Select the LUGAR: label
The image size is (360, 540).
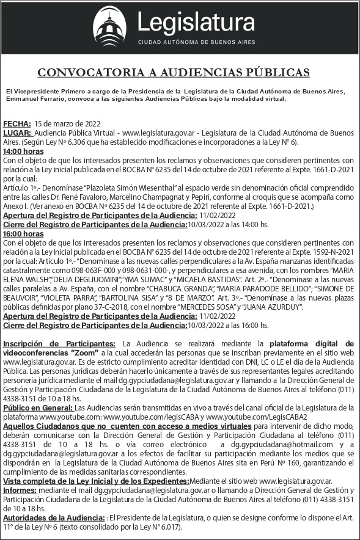(18, 133)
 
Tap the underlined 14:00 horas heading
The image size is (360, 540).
(23, 150)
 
